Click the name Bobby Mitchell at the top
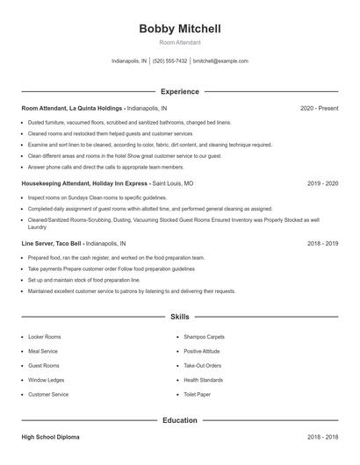point(180,29)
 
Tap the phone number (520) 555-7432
point(169,61)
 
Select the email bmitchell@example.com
point(220,61)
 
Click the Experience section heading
point(180,91)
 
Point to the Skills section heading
point(180,316)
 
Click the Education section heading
point(180,420)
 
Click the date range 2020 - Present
point(319,108)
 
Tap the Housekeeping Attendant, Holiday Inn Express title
point(86,184)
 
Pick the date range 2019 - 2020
point(322,184)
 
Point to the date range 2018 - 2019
point(322,243)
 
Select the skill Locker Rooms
point(45,336)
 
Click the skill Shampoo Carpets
point(204,336)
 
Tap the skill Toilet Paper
point(197,395)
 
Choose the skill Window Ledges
point(46,380)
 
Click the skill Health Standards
point(204,380)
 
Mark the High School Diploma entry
point(52,435)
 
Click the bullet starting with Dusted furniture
point(129,122)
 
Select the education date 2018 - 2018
point(322,435)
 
